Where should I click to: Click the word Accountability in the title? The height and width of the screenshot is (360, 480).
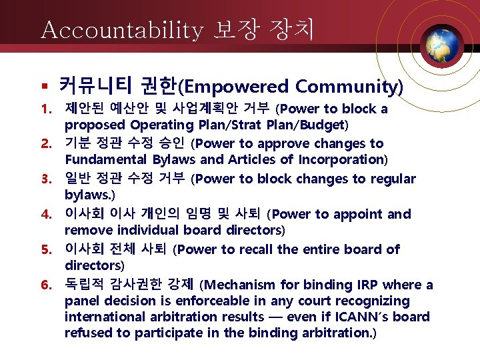tap(121, 31)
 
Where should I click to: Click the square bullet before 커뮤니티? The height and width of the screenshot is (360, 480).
tap(43, 87)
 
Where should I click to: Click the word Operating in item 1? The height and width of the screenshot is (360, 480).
tap(161, 125)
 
